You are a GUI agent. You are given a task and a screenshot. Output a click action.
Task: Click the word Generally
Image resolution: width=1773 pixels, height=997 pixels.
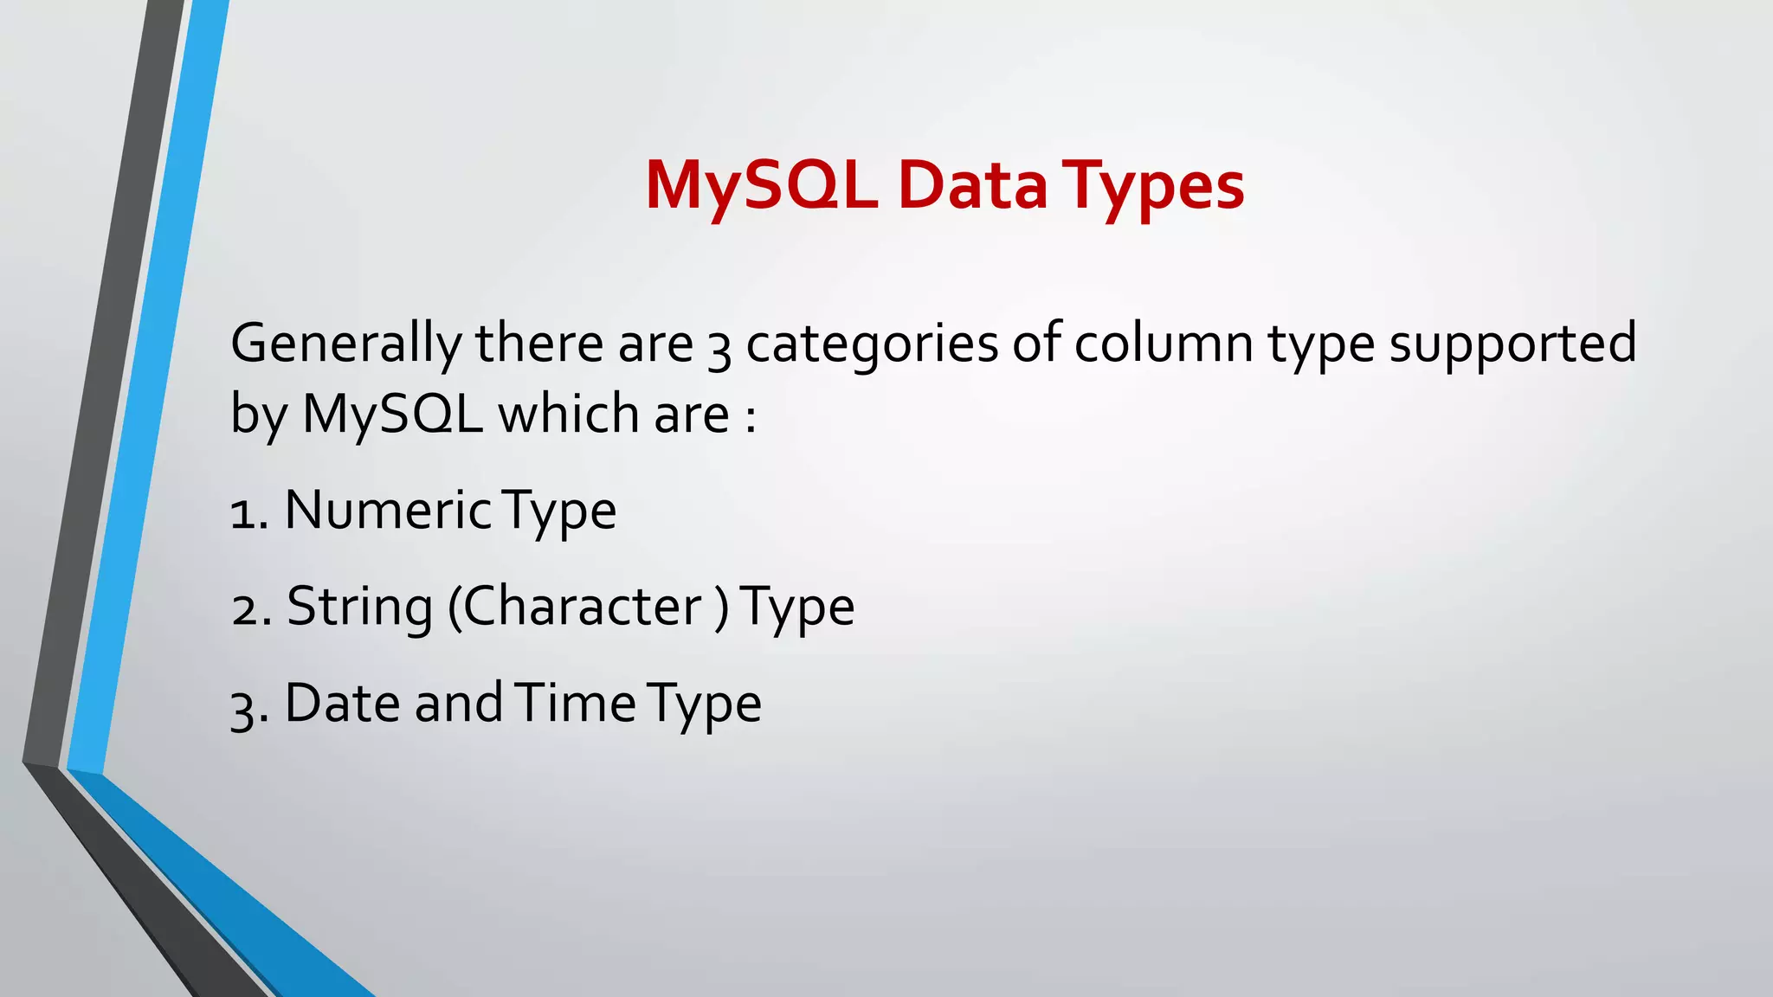point(346,344)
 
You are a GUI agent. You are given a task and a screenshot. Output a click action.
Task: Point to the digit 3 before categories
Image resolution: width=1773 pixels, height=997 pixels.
point(719,348)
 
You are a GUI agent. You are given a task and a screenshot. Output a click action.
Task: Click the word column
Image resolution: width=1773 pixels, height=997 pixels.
point(1164,343)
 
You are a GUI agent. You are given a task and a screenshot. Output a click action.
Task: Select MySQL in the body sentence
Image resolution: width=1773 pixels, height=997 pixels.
point(392,415)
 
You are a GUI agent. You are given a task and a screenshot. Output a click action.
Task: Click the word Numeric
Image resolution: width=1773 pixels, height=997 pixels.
point(388,510)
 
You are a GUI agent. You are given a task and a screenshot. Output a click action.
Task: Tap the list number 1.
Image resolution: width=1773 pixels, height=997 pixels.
point(243,513)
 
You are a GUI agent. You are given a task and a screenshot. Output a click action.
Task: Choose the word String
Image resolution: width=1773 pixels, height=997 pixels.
point(359,608)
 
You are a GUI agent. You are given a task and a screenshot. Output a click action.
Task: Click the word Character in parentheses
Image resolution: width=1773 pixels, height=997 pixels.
point(581,606)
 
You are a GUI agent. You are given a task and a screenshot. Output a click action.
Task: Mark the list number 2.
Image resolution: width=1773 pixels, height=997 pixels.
point(245,609)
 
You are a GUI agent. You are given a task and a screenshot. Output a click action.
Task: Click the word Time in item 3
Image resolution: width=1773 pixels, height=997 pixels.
point(575,702)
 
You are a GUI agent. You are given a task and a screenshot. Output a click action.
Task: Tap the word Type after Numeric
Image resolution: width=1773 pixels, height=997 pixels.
point(559,511)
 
